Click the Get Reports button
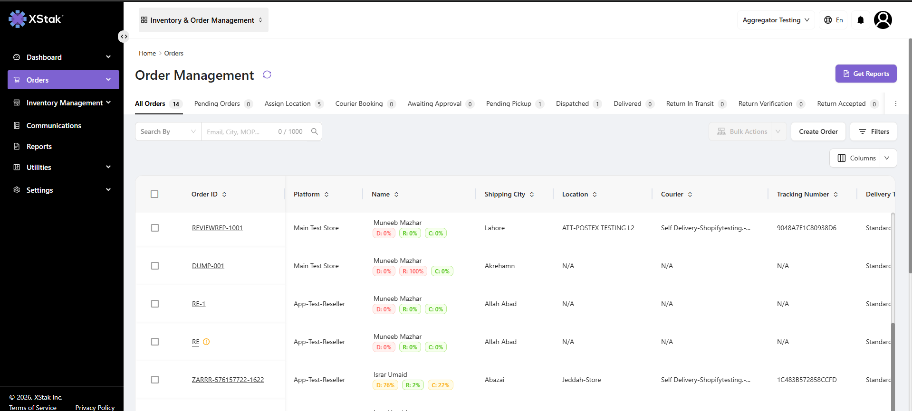click(x=866, y=74)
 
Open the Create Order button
click(x=818, y=131)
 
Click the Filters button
click(x=873, y=131)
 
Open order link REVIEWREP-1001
click(x=217, y=228)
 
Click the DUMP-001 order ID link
click(x=208, y=266)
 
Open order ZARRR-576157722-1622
click(x=228, y=380)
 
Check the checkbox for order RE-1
click(x=155, y=304)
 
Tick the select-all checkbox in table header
click(x=154, y=194)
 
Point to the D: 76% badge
click(x=385, y=385)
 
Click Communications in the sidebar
click(x=54, y=125)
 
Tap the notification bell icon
click(x=861, y=20)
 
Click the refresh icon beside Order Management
click(x=267, y=75)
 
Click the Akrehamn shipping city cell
click(x=499, y=266)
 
